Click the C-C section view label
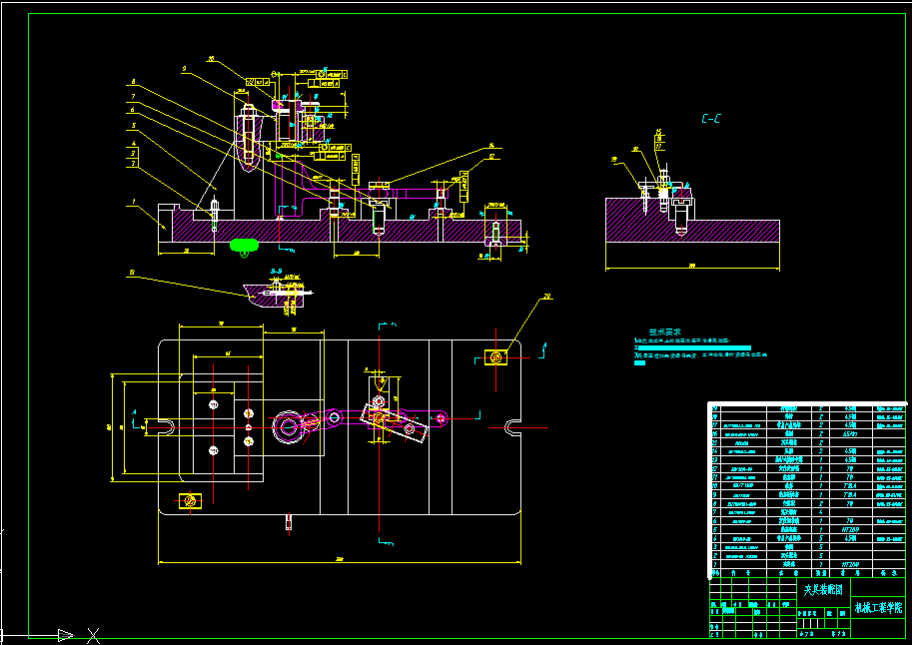tap(711, 120)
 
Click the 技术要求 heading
tap(665, 331)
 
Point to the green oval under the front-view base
tap(244, 244)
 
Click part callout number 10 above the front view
tap(211, 59)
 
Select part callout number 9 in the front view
tap(185, 69)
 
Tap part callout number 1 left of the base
tap(132, 202)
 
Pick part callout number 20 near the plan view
tap(547, 297)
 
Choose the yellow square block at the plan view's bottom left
tap(188, 499)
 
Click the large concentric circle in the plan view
tap(288, 427)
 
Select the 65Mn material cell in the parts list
tap(851, 434)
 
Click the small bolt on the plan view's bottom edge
tap(289, 520)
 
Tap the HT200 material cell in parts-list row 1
tap(851, 564)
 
